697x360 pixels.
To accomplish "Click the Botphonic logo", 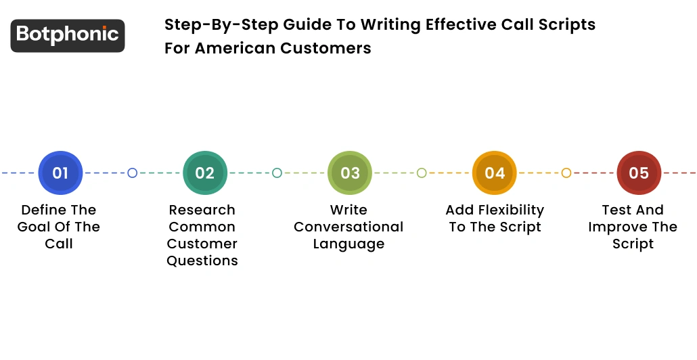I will [68, 35].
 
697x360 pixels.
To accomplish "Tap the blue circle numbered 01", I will [60, 173].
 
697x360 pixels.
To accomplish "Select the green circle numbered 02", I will [205, 173].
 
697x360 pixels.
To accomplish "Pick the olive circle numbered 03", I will [350, 173].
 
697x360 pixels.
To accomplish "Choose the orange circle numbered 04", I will [495, 173].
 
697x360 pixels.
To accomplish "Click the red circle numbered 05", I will [639, 173].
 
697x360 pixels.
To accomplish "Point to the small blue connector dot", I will [133, 173].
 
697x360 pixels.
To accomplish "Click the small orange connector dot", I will [566, 173].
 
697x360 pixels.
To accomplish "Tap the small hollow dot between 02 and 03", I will [277, 173].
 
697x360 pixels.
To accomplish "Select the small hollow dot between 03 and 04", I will [422, 173].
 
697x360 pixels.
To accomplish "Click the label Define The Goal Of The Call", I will [59, 227].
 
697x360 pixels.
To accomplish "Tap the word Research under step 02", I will [202, 210].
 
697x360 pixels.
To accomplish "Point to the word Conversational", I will [348, 227].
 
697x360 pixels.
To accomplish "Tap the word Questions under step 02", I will [202, 261].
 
